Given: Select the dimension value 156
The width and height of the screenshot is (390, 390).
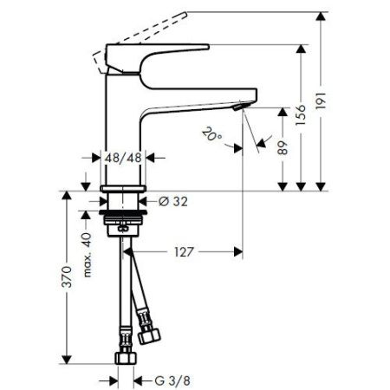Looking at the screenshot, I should coord(309,114).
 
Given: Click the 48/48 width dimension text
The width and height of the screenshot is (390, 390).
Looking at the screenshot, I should coord(122,159).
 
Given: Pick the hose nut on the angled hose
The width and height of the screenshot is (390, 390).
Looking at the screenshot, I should coord(148,334).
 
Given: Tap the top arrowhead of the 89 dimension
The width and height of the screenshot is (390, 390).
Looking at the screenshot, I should coord(283,112).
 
